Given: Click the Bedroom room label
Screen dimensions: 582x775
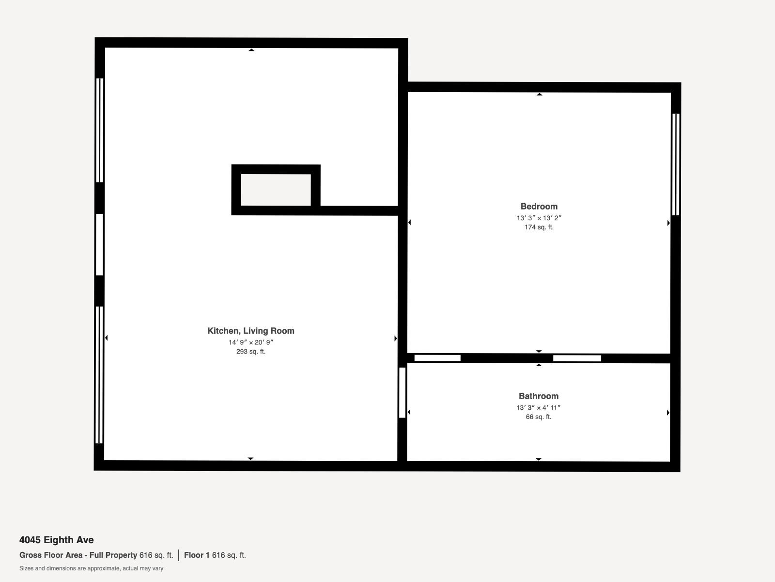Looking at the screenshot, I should pyautogui.click(x=539, y=206).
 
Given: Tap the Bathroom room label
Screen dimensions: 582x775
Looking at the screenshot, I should pyautogui.click(x=538, y=396).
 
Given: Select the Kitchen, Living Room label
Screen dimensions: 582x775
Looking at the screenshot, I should pyautogui.click(x=251, y=331).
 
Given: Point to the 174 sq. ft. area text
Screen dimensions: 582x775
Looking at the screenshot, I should pyautogui.click(x=539, y=227).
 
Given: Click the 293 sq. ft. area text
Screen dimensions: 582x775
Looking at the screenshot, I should pyautogui.click(x=251, y=352).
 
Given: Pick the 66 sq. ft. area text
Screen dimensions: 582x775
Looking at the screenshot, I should pyautogui.click(x=538, y=417).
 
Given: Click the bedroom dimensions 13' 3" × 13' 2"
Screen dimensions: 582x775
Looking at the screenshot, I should pyautogui.click(x=539, y=218).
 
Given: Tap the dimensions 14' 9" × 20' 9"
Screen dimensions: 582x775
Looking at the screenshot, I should pyautogui.click(x=251, y=342).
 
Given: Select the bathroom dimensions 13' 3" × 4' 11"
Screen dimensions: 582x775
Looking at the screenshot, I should pyautogui.click(x=538, y=407).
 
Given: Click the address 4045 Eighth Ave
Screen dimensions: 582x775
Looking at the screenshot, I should pyautogui.click(x=57, y=540).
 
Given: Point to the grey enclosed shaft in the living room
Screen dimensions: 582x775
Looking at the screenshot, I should pyautogui.click(x=276, y=190).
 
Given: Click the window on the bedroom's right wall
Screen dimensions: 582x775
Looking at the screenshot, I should pyautogui.click(x=676, y=164).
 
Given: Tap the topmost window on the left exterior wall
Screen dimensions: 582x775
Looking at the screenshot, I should pyautogui.click(x=99, y=130).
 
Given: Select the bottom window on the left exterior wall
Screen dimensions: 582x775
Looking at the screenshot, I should pyautogui.click(x=99, y=374).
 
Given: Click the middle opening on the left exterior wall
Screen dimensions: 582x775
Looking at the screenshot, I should pyautogui.click(x=99, y=244).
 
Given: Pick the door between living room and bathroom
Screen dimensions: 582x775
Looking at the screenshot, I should pyautogui.click(x=402, y=392).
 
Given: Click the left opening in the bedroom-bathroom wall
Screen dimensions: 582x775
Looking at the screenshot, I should pyautogui.click(x=437, y=358).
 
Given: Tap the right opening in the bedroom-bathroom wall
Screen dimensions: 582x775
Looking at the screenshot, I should pyautogui.click(x=577, y=358).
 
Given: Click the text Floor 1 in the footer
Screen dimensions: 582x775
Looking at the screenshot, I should pyautogui.click(x=197, y=555).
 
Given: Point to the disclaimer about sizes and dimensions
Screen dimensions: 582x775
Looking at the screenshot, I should pyautogui.click(x=91, y=568).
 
